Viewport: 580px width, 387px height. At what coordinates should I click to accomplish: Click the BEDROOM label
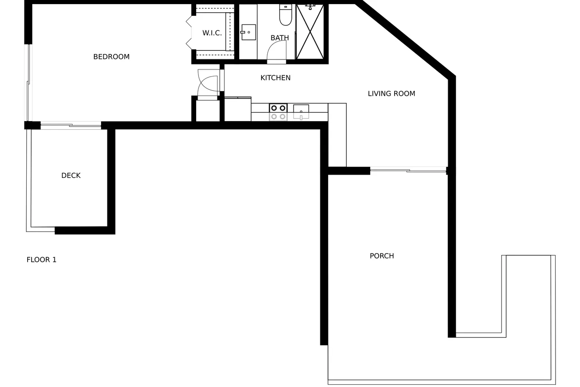pos(111,57)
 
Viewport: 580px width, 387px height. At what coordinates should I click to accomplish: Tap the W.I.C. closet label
pos(212,33)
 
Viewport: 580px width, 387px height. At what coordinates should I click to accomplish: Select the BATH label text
pos(280,38)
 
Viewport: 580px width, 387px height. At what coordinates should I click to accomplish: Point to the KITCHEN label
pos(275,78)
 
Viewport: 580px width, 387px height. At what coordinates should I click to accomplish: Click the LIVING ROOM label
pos(391,93)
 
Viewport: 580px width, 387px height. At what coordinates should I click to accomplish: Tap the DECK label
pos(71,176)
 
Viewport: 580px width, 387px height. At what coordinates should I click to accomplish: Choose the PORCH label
pos(382,256)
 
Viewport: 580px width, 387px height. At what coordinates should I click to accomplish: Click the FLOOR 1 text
pos(41,260)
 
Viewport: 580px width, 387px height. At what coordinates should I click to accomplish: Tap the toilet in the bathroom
pos(285,15)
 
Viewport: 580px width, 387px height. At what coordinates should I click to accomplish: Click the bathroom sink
pos(248,32)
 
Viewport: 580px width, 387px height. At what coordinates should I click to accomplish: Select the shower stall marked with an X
pos(310,32)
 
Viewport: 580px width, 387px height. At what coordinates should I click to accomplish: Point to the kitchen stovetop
pos(278,112)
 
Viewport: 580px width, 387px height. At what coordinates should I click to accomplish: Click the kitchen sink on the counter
pos(301,112)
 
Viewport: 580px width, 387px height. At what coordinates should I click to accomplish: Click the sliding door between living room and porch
pos(408,171)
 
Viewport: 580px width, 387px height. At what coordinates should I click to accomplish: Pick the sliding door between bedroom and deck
pos(71,126)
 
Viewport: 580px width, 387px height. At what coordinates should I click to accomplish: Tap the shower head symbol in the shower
pos(310,7)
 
